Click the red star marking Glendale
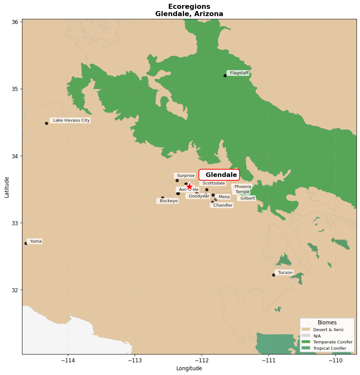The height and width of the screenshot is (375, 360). point(189,187)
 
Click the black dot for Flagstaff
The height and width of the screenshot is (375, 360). point(225,76)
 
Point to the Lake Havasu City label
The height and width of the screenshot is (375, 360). point(71,120)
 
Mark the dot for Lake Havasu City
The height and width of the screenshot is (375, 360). point(46,123)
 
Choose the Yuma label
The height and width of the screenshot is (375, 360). point(35,241)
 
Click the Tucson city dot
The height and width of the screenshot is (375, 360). point(274,275)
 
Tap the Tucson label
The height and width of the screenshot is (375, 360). point(285,272)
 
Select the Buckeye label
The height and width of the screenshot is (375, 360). point(168,201)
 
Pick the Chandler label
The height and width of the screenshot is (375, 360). point(222,205)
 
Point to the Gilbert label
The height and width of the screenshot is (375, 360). point(247,198)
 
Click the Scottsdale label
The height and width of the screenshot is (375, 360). point(213,183)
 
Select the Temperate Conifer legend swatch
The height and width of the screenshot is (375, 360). point(306,342)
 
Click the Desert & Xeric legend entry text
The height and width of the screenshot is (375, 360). point(328,330)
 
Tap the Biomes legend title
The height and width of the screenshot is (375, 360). point(327,323)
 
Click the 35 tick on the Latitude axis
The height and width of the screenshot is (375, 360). point(15,89)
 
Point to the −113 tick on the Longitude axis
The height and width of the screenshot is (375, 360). point(135,361)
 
